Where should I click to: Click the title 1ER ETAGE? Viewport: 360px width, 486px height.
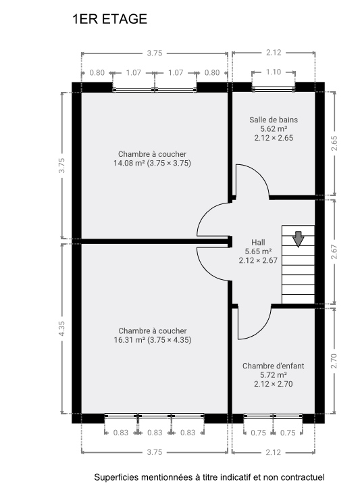pyautogui.click(x=109, y=20)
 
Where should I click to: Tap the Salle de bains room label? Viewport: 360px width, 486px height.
pyautogui.click(x=273, y=120)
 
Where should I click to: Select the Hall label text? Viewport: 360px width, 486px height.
pyautogui.click(x=258, y=241)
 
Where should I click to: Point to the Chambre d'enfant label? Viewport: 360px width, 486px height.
pyautogui.click(x=273, y=366)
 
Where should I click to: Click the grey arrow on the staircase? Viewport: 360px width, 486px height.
pyautogui.click(x=299, y=239)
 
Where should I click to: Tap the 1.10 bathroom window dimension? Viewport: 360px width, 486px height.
pyautogui.click(x=273, y=72)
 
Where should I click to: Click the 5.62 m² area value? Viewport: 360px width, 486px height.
pyautogui.click(x=273, y=128)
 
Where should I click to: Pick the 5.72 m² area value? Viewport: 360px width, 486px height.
pyautogui.click(x=273, y=374)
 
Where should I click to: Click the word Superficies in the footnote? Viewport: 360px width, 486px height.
pyautogui.click(x=116, y=477)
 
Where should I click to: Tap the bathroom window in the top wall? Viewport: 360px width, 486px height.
pyautogui.click(x=273, y=87)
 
